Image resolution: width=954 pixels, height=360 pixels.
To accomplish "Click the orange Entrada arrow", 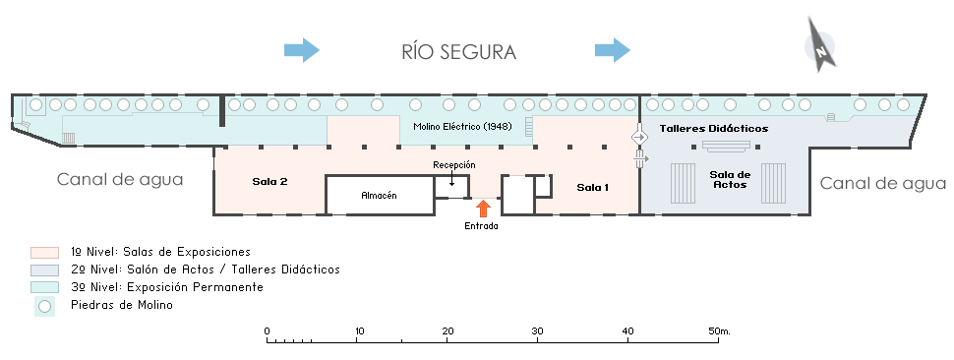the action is tap(483, 209).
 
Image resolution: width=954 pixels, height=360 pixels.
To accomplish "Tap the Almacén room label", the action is tap(379, 195).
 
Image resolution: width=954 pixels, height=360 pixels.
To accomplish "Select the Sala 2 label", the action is tap(270, 181).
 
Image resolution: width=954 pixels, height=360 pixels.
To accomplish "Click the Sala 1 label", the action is tap(593, 187).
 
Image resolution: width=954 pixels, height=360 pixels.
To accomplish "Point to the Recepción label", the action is tap(453, 165).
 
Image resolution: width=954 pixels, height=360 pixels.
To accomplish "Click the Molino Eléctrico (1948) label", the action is tap(462, 127).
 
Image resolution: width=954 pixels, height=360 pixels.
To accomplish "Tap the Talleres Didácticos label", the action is tap(714, 128).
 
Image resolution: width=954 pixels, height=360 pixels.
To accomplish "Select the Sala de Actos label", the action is tap(730, 179).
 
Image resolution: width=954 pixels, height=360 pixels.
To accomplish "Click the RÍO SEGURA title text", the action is tap(458, 52).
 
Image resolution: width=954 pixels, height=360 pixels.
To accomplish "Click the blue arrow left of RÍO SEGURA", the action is tap(302, 50).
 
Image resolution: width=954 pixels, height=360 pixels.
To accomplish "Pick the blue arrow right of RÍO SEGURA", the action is tap(613, 50).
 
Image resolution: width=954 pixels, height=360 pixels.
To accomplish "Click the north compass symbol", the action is tap(821, 46).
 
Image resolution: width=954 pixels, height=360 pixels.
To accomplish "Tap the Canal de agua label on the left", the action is tap(120, 180).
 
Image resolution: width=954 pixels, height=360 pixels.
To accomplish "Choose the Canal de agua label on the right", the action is tap(883, 183).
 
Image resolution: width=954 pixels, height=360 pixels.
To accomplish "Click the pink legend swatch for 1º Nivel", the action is tap(44, 253).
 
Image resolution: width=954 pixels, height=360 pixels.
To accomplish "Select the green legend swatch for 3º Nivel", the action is tap(44, 287).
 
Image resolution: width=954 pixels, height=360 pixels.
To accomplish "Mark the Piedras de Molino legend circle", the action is tap(44, 307).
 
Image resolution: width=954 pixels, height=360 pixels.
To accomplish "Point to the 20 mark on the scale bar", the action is tap(447, 331).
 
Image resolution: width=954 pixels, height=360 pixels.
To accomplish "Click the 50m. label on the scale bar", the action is tap(719, 331).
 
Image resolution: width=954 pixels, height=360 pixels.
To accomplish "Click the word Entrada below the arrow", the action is tap(481, 226).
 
